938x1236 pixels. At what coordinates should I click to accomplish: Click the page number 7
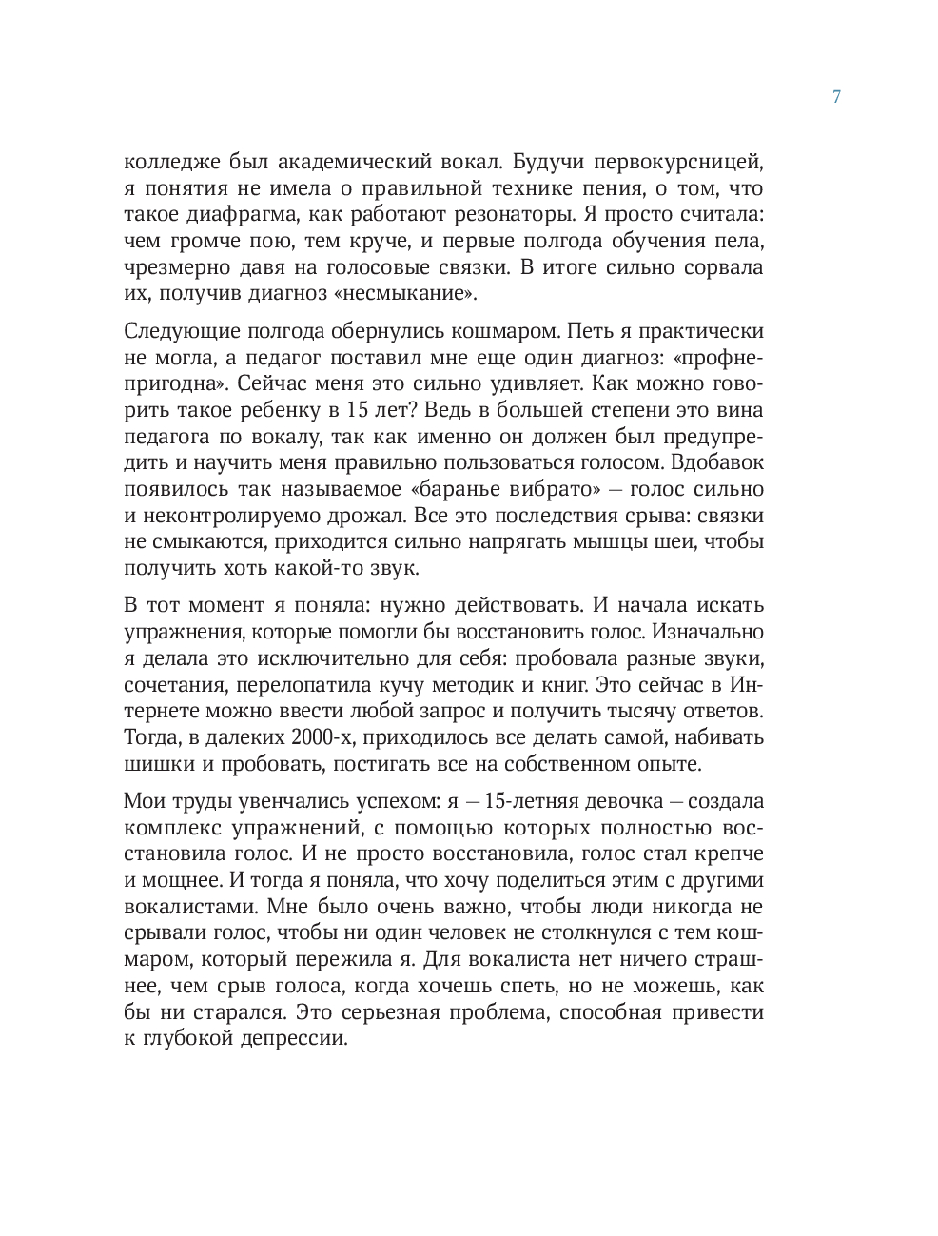(836, 97)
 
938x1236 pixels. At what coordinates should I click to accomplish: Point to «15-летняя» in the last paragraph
(535, 802)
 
